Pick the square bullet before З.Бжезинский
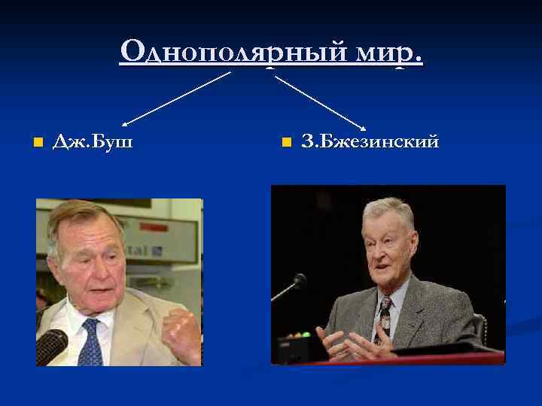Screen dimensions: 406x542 [x=285, y=141]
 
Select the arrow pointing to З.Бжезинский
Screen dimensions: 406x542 [x=320, y=99]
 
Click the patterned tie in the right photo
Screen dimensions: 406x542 [x=383, y=316]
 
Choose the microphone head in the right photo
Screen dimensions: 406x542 [x=300, y=280]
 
